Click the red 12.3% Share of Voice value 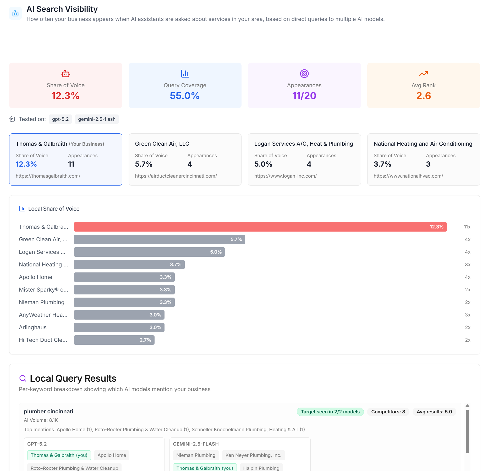[x=65, y=96]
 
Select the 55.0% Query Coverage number [x=185, y=96]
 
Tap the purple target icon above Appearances [x=304, y=74]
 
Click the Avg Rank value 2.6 [x=423, y=96]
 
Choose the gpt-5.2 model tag [x=60, y=119]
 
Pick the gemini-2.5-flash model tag [x=97, y=119]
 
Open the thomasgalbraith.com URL [x=48, y=176]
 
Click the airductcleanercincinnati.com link [x=176, y=176]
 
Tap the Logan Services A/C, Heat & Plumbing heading [x=304, y=144]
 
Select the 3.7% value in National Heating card [x=382, y=164]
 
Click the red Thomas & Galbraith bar [x=260, y=227]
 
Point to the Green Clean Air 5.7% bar [x=159, y=239]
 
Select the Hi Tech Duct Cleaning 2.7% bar [x=114, y=340]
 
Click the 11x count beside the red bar [x=467, y=227]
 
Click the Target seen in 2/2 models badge [x=330, y=412]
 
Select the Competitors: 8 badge [x=388, y=412]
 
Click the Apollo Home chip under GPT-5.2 [x=112, y=455]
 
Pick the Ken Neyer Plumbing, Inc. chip [x=253, y=455]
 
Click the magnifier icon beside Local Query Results [x=23, y=378]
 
